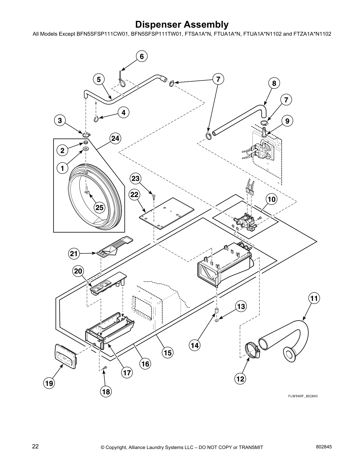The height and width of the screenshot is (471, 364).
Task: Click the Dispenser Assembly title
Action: pyautogui.click(x=182, y=24)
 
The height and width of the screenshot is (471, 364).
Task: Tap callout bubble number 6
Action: pyautogui.click(x=142, y=56)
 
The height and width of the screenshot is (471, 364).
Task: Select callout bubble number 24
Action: pyautogui.click(x=115, y=138)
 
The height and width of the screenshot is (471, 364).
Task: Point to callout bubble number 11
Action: pyautogui.click(x=314, y=298)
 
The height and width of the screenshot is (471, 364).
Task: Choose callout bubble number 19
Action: pyautogui.click(x=49, y=383)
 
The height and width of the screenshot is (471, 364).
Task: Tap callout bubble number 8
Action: pyautogui.click(x=274, y=84)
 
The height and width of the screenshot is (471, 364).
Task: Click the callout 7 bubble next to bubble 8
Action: pyautogui.click(x=286, y=100)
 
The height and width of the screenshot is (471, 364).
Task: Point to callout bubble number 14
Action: pyautogui.click(x=194, y=345)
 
